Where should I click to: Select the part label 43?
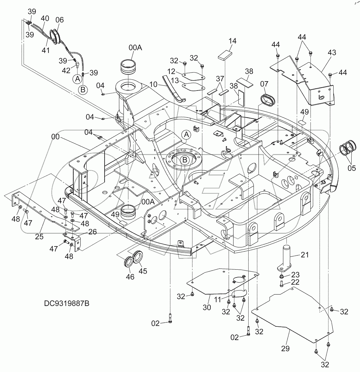tap(332, 53)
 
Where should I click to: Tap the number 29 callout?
tap(286, 348)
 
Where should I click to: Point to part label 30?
tap(207, 307)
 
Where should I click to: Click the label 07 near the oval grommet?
tap(264, 84)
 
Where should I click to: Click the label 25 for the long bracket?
tap(39, 237)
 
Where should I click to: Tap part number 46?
tap(130, 277)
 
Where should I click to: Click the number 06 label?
tap(59, 20)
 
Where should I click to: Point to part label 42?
tap(66, 71)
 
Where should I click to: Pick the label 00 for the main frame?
tap(56, 136)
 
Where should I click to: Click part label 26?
tap(92, 232)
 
